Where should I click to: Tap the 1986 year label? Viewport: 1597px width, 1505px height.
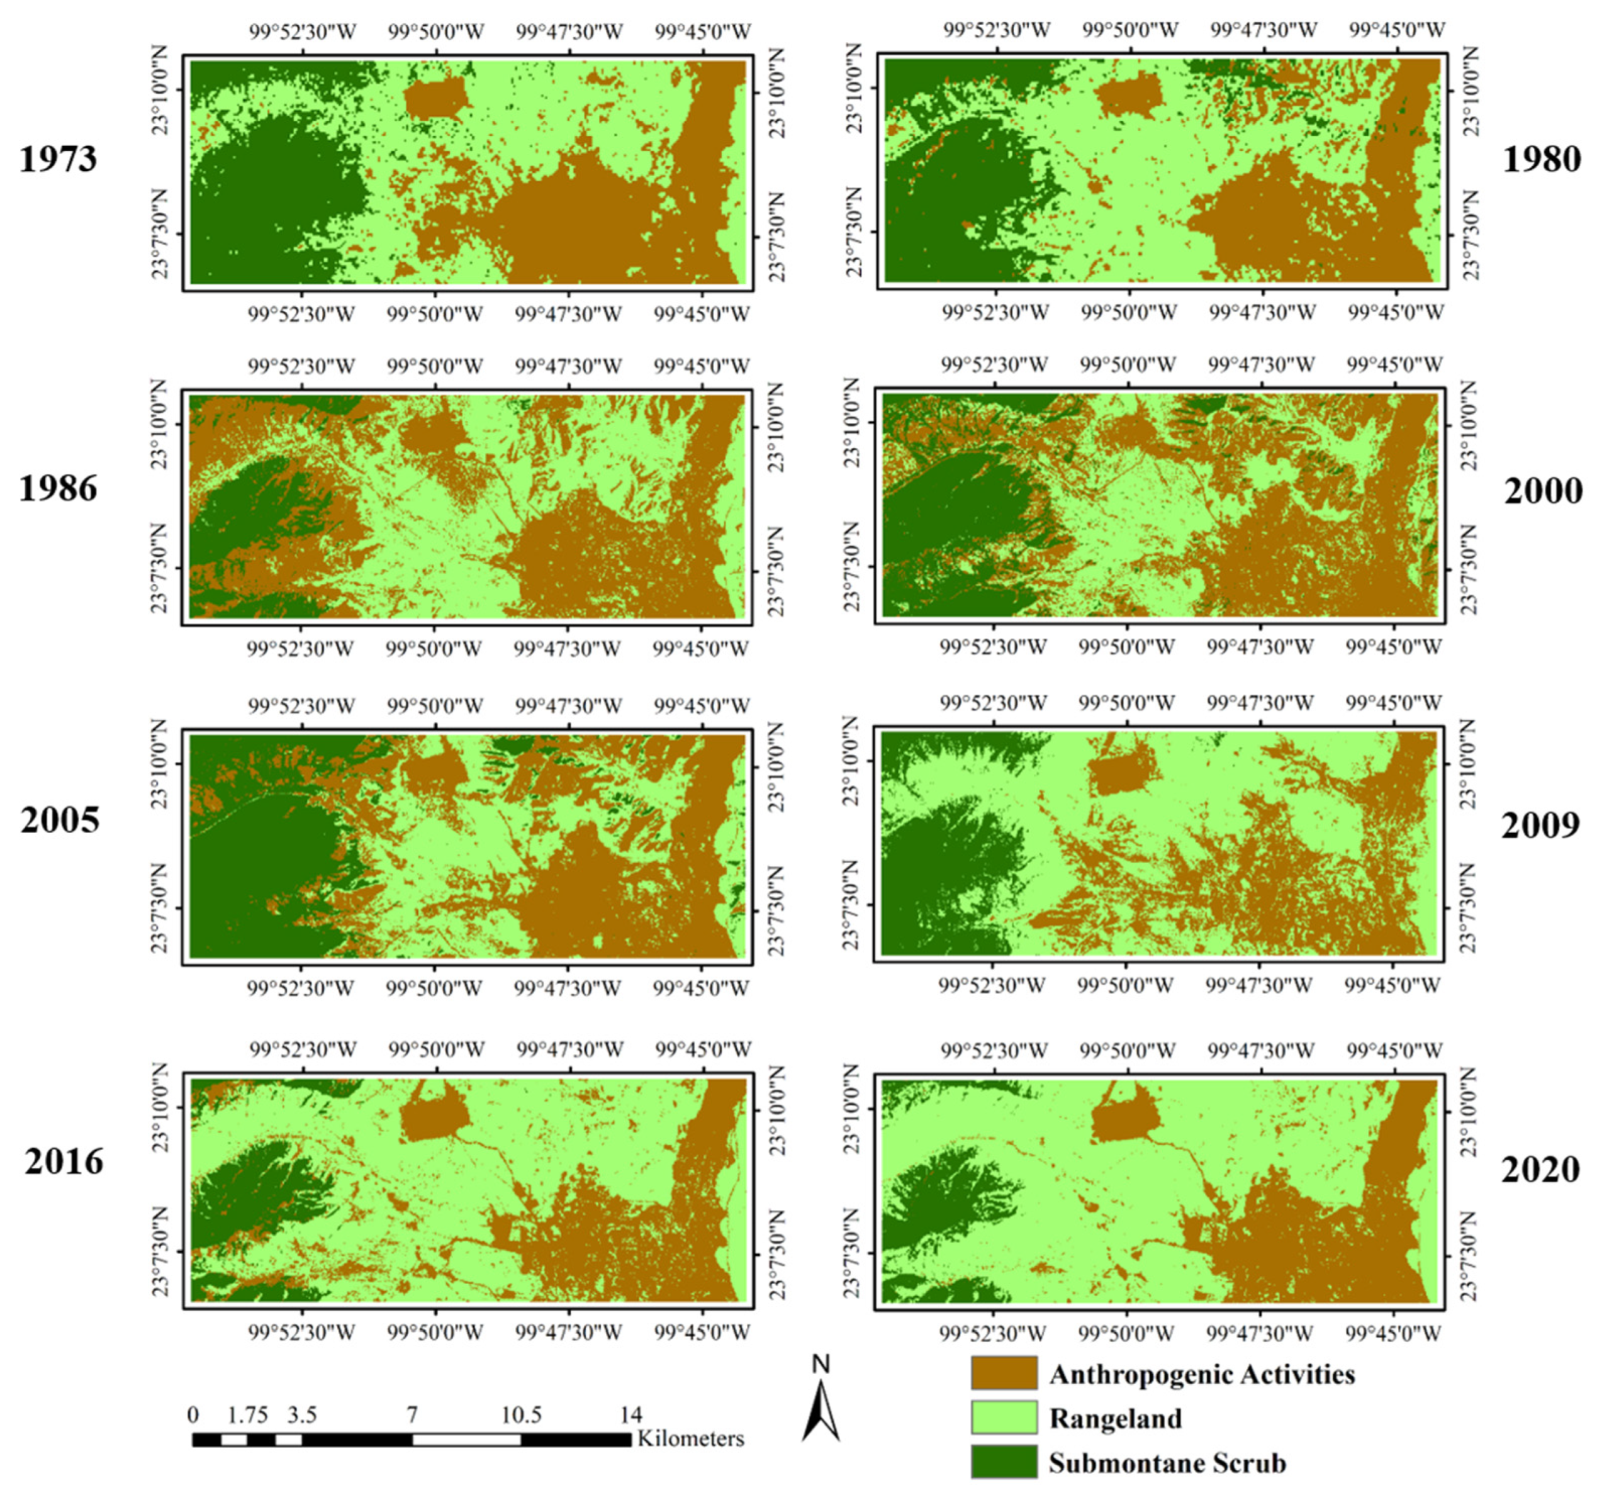[x=58, y=488]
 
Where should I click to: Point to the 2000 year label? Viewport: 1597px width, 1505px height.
[x=1542, y=491]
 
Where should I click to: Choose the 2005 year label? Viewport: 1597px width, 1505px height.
[x=59, y=820]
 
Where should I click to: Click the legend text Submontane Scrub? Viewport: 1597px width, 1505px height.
[x=1167, y=1462]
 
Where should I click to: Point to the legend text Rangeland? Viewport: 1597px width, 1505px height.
[x=1115, y=1418]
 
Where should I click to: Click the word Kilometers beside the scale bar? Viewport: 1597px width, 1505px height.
[x=691, y=1438]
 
